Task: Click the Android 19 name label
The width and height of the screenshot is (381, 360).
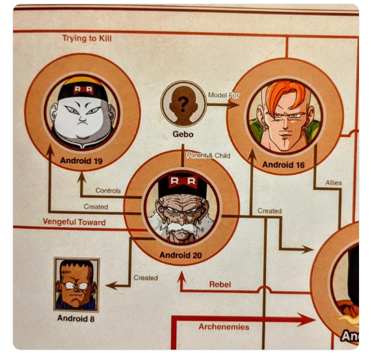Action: (81, 160)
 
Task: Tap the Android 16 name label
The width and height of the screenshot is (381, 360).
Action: (283, 165)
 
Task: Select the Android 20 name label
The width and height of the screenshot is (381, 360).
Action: (181, 255)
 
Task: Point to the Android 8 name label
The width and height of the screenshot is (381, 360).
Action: (76, 318)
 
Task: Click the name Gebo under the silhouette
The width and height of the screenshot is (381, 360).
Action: (183, 134)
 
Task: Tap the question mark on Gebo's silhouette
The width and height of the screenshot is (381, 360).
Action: (183, 104)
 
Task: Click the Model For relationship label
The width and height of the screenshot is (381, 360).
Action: (223, 95)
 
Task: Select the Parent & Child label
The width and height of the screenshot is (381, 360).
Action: (209, 156)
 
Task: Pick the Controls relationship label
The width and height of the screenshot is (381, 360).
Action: (108, 191)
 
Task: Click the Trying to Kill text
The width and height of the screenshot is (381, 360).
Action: (87, 39)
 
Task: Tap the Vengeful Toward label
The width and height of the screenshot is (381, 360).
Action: (74, 222)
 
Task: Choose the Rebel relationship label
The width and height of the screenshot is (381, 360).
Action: (220, 284)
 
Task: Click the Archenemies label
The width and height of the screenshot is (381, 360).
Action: (224, 327)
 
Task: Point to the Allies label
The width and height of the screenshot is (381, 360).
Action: (333, 183)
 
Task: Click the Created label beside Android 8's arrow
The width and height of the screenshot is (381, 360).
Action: (146, 277)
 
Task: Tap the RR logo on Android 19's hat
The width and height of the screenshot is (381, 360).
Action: (83, 89)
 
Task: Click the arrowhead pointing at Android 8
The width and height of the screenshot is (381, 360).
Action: (112, 286)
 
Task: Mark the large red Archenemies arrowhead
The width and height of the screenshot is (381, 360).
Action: (307, 319)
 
